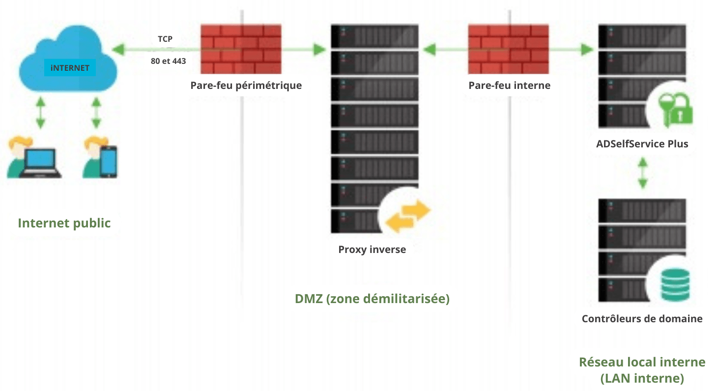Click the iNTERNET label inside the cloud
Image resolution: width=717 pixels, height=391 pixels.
(70, 68)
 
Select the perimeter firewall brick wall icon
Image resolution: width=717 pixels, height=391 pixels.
(241, 49)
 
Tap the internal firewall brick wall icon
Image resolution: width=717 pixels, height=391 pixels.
(508, 49)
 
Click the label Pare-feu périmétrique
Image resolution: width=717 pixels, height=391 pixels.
(246, 85)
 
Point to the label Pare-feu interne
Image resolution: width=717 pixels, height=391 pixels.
(509, 85)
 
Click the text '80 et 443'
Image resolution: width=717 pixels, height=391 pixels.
(168, 61)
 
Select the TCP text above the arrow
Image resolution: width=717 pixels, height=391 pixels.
(165, 39)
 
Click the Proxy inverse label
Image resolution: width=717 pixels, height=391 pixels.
(372, 250)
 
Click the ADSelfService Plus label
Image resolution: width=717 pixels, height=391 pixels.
(642, 144)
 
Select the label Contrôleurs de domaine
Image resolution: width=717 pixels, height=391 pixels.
(642, 319)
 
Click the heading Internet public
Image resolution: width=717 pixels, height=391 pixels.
(64, 223)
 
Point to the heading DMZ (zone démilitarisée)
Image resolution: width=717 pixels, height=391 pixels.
(372, 299)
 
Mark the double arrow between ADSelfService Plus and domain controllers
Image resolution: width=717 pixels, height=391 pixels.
(642, 173)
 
